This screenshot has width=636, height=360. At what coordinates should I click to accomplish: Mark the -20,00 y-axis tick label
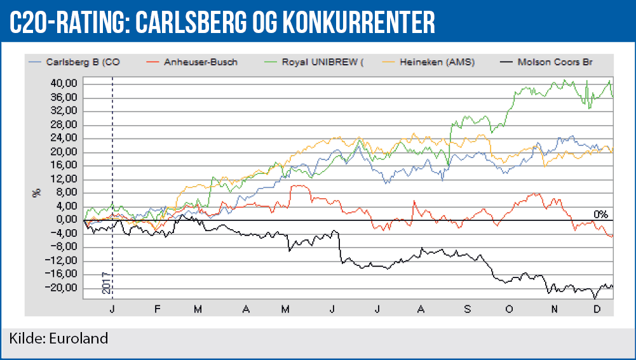[x=64, y=288]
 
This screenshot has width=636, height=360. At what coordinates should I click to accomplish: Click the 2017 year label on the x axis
[x=106, y=282]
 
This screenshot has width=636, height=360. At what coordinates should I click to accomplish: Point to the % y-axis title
[x=36, y=193]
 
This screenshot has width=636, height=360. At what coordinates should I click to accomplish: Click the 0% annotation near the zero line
[x=601, y=214]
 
